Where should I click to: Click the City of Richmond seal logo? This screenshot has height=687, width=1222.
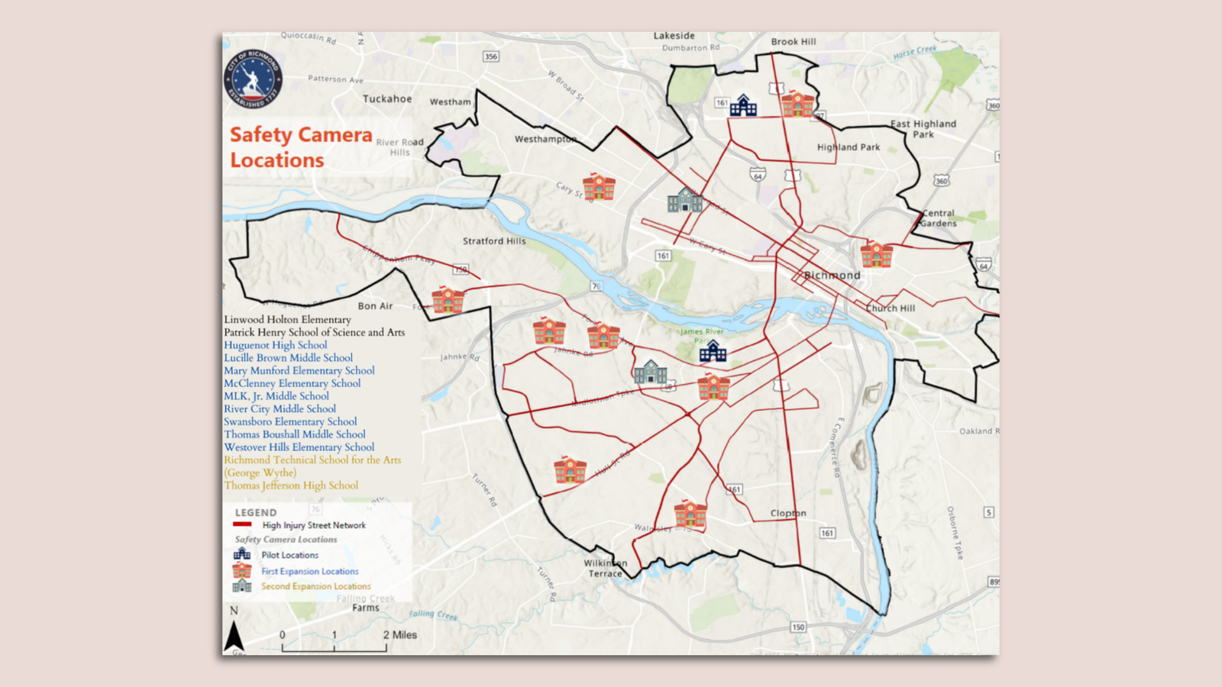(253, 79)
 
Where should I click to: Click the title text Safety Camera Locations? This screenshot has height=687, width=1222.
(300, 147)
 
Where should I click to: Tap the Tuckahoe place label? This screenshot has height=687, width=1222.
(386, 99)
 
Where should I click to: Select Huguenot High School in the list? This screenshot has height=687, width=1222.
(275, 345)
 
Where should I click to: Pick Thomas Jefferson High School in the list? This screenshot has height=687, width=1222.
(290, 485)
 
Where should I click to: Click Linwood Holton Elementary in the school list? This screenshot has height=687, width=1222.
(287, 320)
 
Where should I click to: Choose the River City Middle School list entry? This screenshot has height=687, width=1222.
(280, 409)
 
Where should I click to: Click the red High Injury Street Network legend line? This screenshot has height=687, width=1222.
(242, 525)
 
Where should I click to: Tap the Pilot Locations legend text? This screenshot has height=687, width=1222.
(289, 555)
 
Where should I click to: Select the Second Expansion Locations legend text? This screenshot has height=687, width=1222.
(315, 586)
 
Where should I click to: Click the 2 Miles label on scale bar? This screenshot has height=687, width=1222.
(400, 635)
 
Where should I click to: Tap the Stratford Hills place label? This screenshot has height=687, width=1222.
(494, 241)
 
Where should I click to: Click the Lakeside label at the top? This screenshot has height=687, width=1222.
(674, 36)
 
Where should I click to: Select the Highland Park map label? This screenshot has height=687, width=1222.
(848, 147)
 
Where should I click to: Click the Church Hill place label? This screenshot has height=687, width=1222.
(891, 308)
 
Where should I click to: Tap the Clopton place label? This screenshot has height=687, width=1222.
(788, 514)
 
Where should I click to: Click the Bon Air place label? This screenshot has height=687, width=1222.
(375, 306)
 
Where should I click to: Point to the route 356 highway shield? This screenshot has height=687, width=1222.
(491, 56)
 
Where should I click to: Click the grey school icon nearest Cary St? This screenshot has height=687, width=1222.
(684, 201)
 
